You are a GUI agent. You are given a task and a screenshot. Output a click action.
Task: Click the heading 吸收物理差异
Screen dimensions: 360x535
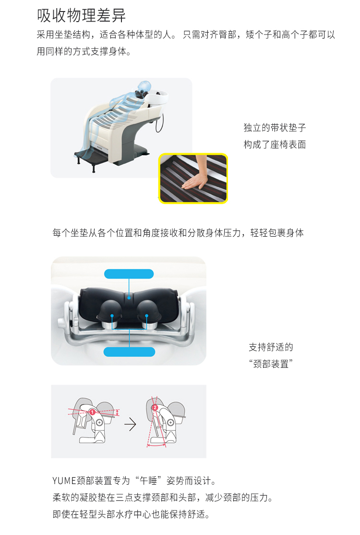(81, 15)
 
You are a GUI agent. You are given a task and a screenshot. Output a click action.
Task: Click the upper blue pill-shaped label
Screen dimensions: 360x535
(129, 274)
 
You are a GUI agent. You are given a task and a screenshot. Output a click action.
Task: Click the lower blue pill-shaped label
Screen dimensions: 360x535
(129, 352)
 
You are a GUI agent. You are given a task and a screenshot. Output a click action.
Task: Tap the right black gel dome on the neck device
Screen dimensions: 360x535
(149, 311)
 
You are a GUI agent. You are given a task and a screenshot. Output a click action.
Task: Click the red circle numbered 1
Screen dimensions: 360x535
(92, 412)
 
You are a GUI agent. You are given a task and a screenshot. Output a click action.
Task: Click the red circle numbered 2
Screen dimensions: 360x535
(155, 407)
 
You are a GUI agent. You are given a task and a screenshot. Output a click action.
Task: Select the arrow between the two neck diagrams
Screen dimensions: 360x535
(130, 425)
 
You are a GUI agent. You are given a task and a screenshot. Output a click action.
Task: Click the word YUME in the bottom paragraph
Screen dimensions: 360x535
(64, 481)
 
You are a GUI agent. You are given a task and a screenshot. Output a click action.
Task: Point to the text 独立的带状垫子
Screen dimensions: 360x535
(275, 128)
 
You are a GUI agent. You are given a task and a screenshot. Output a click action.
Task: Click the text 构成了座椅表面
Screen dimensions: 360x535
(275, 145)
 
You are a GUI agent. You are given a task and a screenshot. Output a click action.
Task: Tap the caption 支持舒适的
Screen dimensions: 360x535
(271, 347)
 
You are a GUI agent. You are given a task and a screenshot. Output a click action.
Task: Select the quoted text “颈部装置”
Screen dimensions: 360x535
(271, 364)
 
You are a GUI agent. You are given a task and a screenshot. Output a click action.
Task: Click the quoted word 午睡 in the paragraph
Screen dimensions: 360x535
(148, 481)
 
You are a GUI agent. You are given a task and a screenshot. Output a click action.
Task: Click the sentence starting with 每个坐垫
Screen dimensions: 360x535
(178, 233)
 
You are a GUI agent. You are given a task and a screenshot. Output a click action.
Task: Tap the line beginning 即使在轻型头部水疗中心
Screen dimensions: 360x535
(131, 514)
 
